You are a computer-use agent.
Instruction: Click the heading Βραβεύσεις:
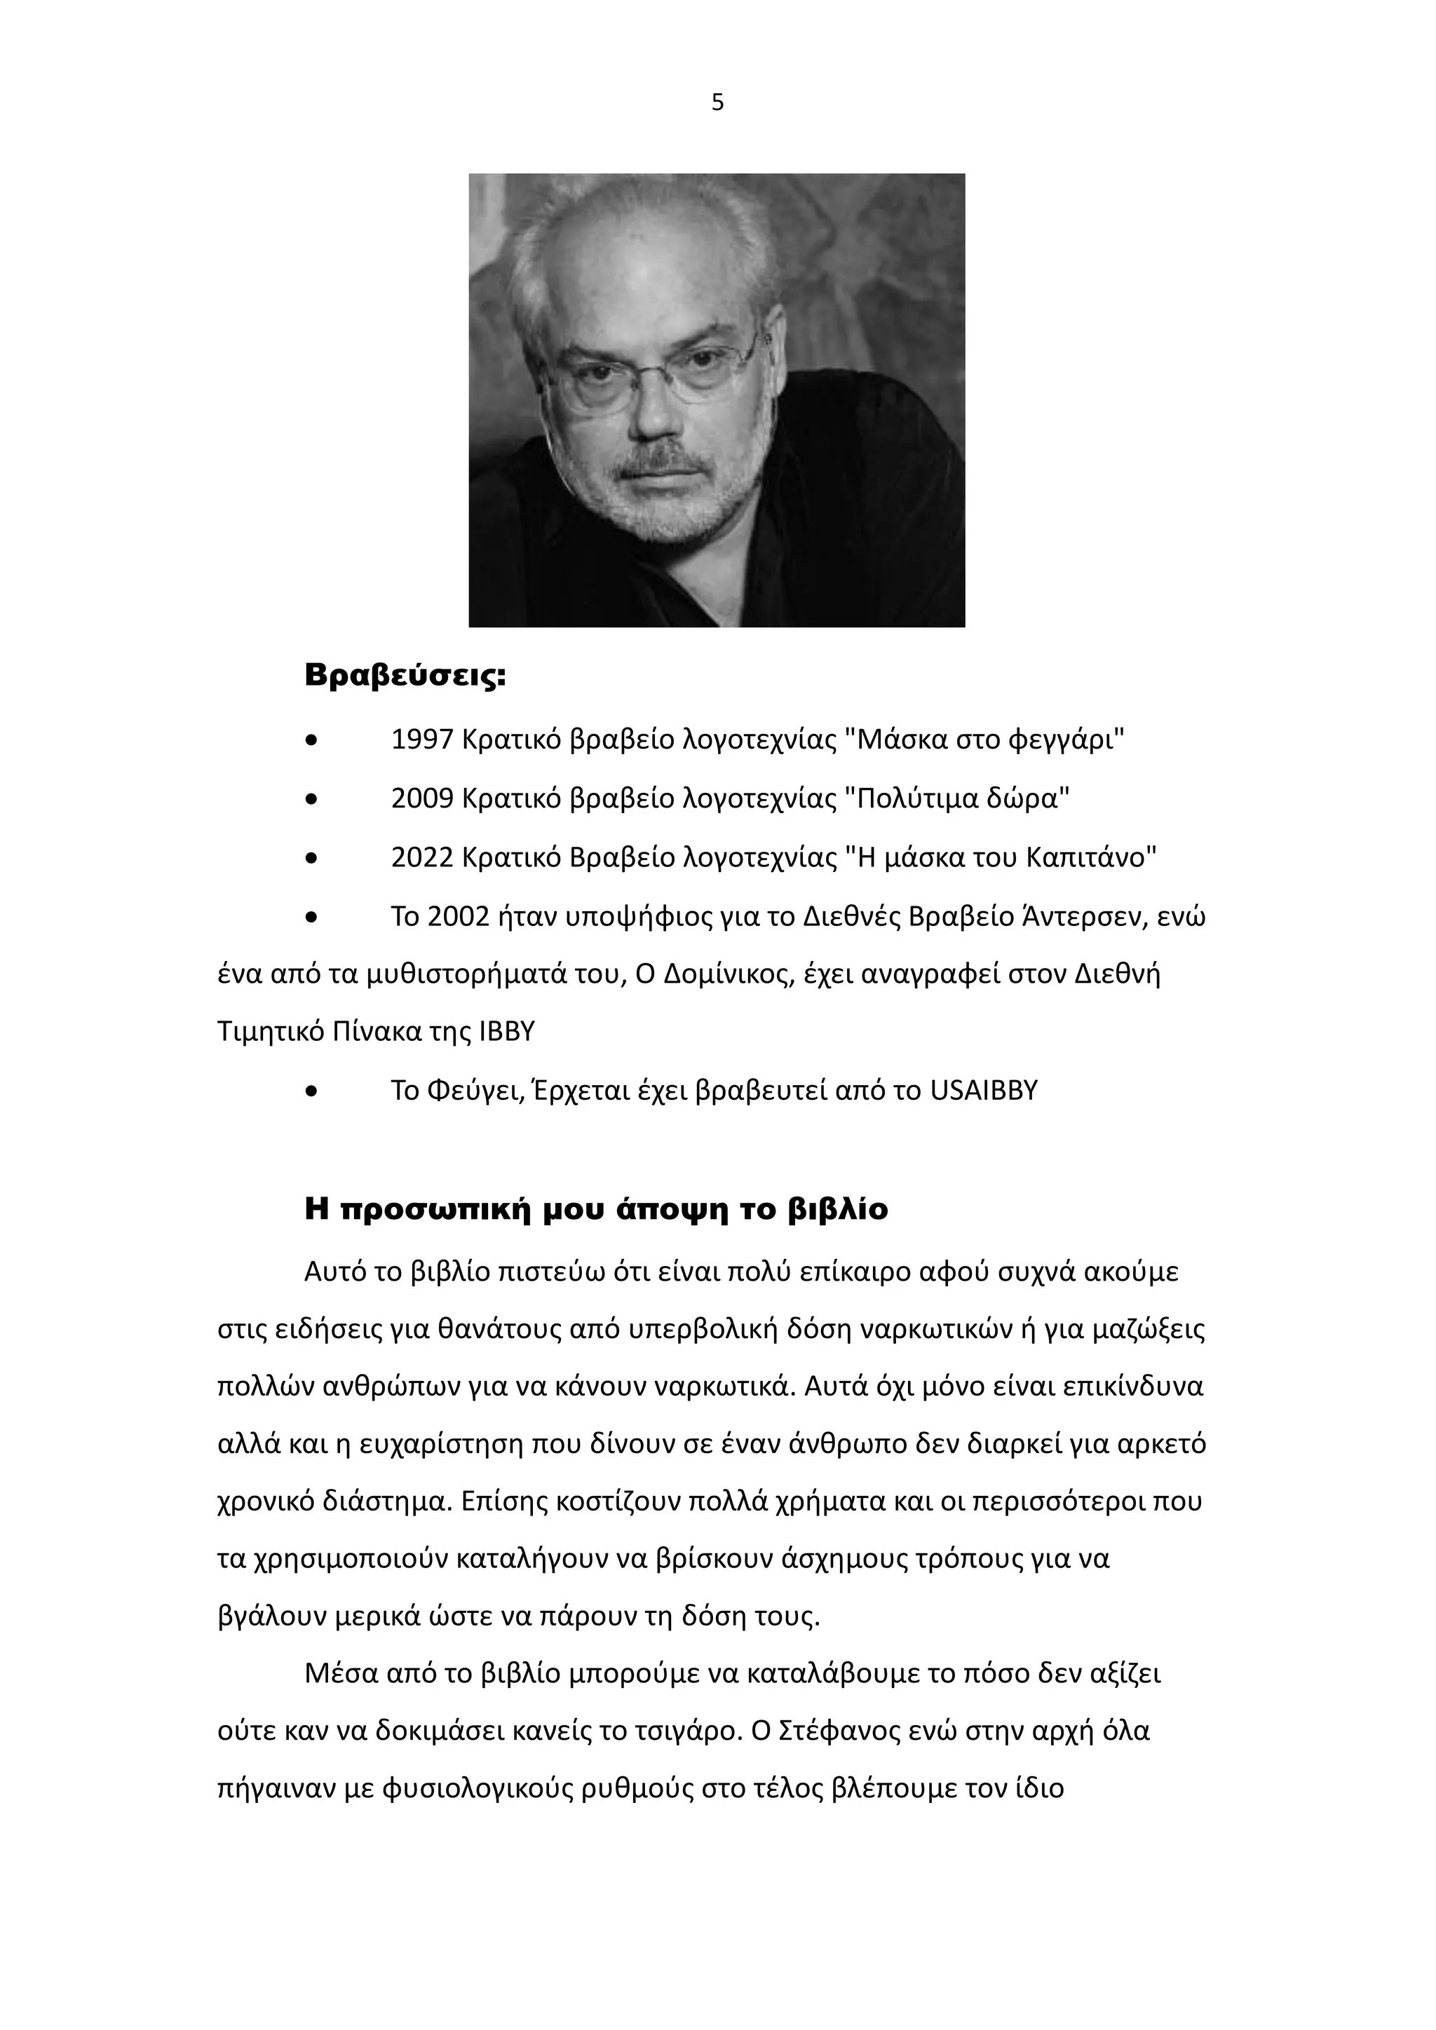(x=405, y=676)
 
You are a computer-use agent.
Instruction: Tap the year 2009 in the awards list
(x=422, y=798)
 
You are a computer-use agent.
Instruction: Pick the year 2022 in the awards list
(x=422, y=857)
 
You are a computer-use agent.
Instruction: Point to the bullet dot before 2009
(x=311, y=800)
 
